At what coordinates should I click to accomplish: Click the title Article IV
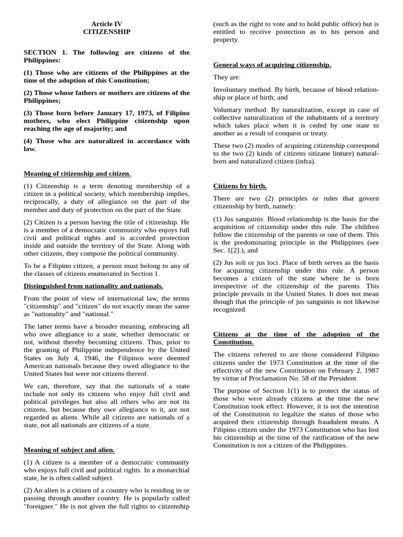coord(107,24)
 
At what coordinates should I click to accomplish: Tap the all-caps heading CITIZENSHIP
coord(107,32)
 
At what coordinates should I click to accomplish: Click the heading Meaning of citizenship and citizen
coord(77,174)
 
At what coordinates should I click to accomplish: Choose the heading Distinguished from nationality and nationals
coord(93,286)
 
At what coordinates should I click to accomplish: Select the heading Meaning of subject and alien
coord(69,449)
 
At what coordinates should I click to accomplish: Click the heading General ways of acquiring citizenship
coord(272,65)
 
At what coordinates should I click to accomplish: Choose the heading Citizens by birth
coord(240,186)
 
